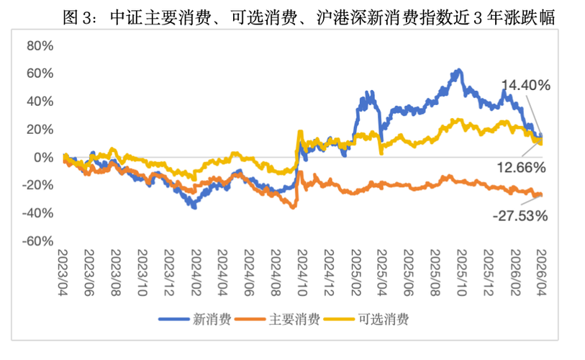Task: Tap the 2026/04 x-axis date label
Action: [x=540, y=269]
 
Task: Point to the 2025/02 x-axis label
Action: [x=354, y=269]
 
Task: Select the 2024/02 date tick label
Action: [x=195, y=269]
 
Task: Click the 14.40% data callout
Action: [x=526, y=85]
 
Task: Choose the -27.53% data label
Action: [x=521, y=215]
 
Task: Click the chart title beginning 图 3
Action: [x=309, y=18]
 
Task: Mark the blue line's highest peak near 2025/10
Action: [x=458, y=71]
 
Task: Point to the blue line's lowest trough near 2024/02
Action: [x=194, y=207]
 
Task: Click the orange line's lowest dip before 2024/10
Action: [x=294, y=207]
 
